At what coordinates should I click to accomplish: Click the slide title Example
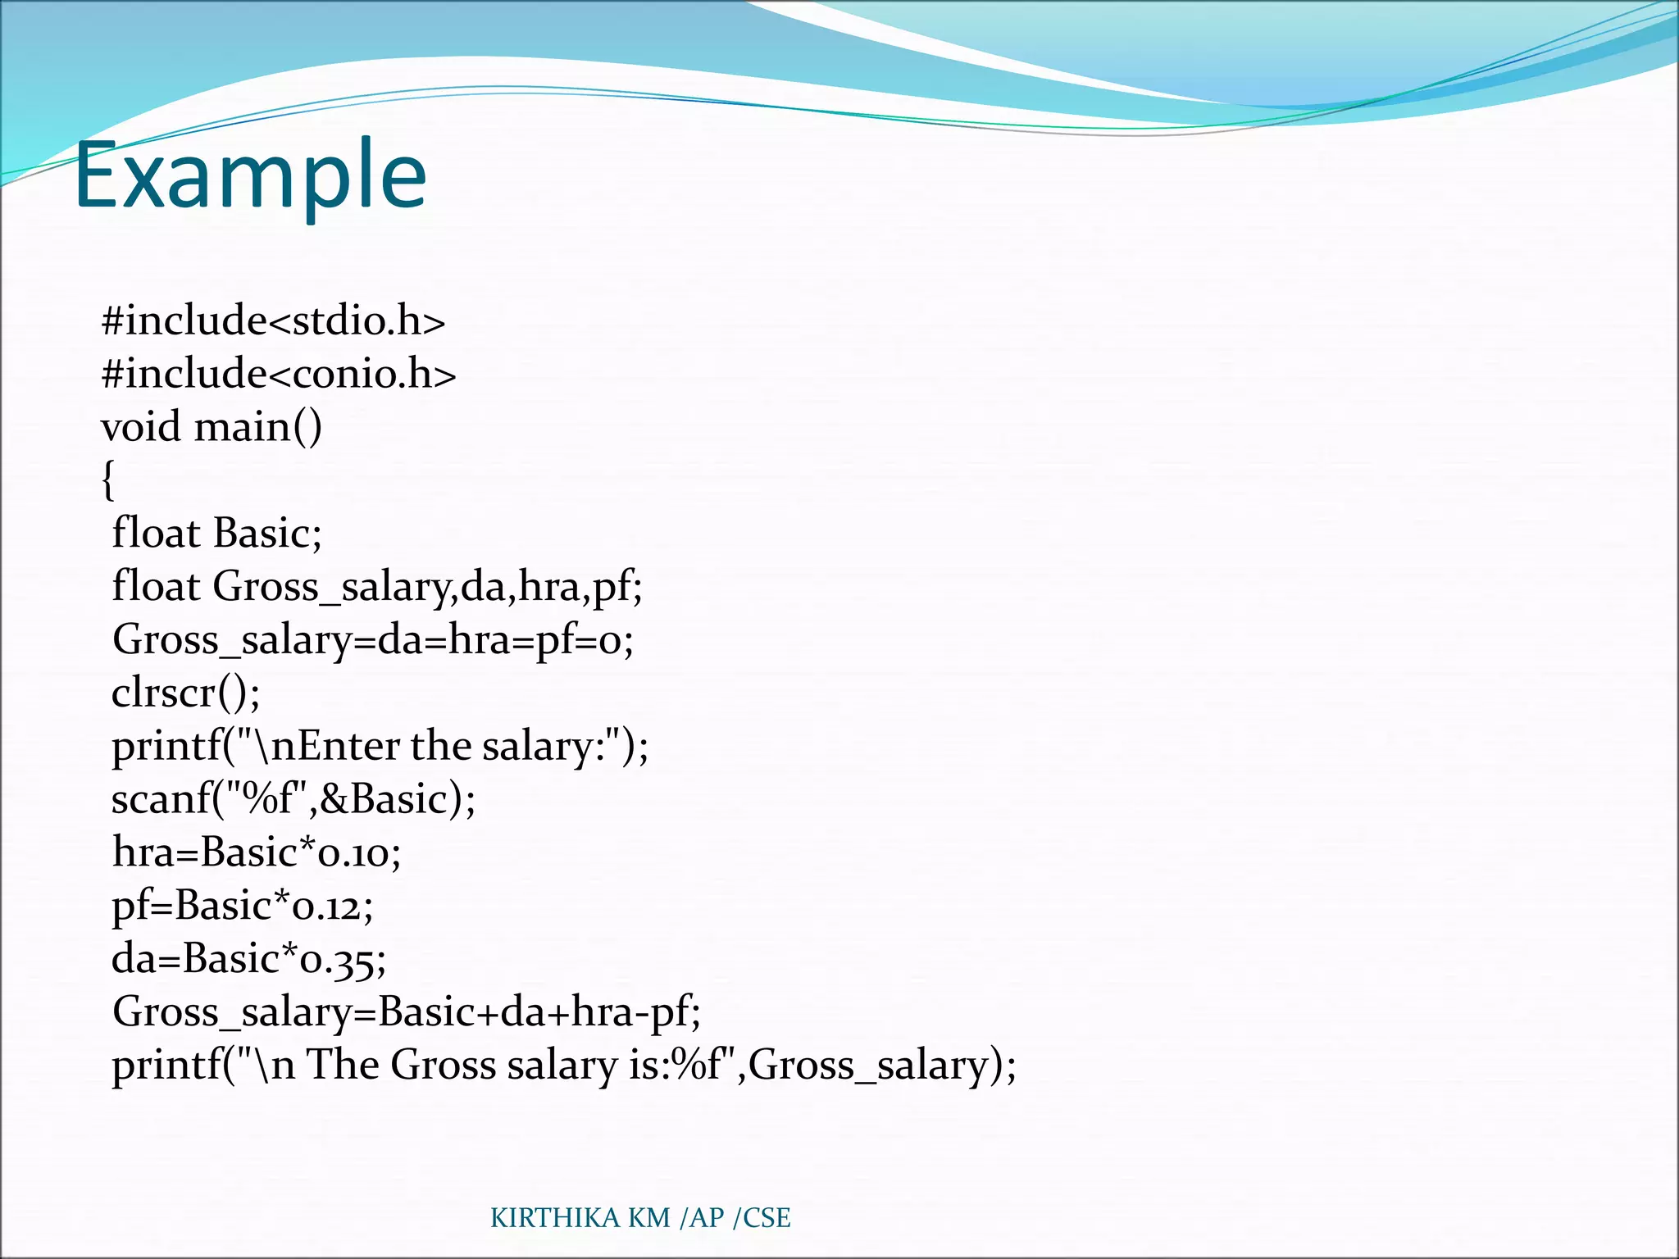(250, 175)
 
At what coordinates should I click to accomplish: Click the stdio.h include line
(273, 320)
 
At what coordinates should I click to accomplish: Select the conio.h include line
(278, 374)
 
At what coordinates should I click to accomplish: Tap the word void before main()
(140, 427)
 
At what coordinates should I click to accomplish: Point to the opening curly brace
(108, 480)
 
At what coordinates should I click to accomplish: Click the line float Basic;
(216, 533)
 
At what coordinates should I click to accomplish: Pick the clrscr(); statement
(185, 693)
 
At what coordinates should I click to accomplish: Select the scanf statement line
(293, 799)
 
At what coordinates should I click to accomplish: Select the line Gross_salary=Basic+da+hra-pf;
(406, 1012)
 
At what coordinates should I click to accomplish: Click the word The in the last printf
(343, 1066)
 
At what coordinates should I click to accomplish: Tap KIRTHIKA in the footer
(555, 1218)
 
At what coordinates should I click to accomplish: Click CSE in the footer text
(767, 1218)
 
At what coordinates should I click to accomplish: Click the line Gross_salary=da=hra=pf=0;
(373, 639)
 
